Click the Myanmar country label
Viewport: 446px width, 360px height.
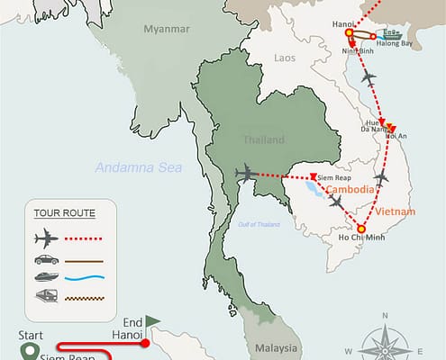(x=167, y=30)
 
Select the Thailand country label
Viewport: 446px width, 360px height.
(x=264, y=139)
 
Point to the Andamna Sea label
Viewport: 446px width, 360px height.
(x=139, y=166)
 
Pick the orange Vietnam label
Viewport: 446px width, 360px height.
(x=396, y=211)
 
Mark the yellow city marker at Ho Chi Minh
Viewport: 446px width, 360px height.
(x=361, y=229)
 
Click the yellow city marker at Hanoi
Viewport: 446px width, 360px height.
(x=349, y=34)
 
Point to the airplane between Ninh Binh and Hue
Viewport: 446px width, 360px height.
(x=368, y=78)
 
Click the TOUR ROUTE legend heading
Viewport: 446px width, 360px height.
(x=64, y=213)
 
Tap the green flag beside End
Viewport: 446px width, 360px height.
(x=153, y=319)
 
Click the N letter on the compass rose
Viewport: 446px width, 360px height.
(x=385, y=316)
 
